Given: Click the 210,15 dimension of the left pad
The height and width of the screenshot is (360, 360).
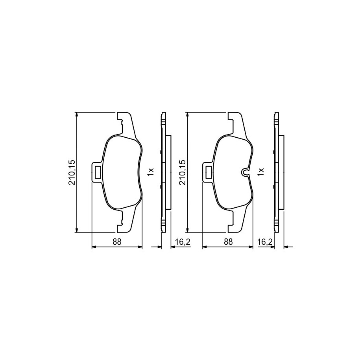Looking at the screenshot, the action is pyautogui.click(x=72, y=172).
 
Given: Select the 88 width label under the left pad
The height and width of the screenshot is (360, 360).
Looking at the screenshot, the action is pyautogui.click(x=116, y=242).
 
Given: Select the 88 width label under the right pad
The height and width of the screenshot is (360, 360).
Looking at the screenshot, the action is pyautogui.click(x=228, y=242).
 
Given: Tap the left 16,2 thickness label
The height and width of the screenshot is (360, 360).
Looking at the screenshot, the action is pyautogui.click(x=183, y=242).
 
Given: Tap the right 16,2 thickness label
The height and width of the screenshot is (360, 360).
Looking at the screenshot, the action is pyautogui.click(x=265, y=242).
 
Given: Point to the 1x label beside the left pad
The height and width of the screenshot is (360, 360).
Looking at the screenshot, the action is pyautogui.click(x=150, y=172).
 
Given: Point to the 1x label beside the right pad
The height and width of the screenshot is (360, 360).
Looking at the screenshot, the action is pyautogui.click(x=261, y=172).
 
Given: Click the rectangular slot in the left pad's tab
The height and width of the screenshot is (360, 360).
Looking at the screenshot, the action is pyautogui.click(x=97, y=172).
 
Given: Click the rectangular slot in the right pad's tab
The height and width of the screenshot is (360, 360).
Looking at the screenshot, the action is pyautogui.click(x=208, y=172).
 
